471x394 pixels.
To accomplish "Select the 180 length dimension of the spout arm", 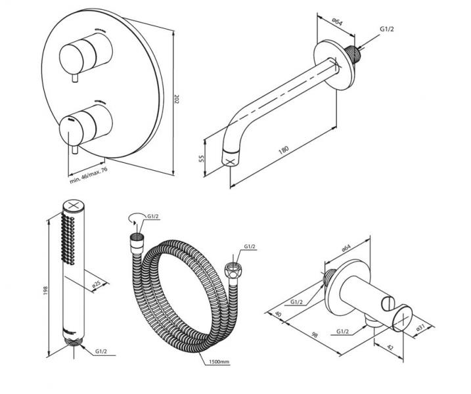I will (x=283, y=150).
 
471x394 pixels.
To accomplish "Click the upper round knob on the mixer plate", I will (x=82, y=55).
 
